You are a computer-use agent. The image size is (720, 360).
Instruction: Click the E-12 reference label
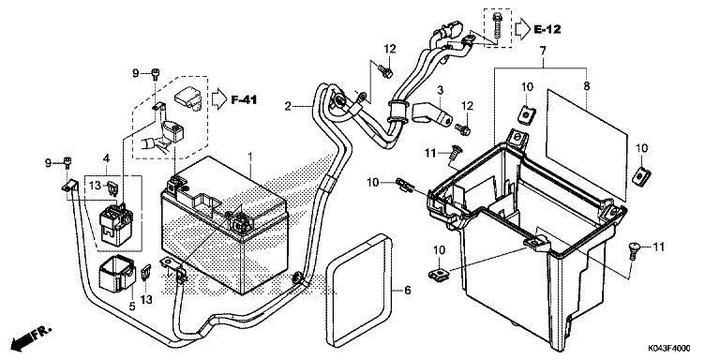547,29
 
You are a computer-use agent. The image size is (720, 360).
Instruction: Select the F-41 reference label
244,98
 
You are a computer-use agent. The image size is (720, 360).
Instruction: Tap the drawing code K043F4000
669,349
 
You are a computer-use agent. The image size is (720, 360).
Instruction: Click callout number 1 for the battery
250,157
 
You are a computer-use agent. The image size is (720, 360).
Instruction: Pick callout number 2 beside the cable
288,107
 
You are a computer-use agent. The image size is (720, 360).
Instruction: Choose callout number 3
440,90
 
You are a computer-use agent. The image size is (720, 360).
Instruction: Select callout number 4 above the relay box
107,158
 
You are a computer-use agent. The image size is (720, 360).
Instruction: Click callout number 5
132,307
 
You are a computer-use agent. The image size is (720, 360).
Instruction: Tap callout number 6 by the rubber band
408,291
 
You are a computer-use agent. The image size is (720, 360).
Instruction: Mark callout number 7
542,51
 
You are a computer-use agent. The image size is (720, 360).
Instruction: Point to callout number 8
587,86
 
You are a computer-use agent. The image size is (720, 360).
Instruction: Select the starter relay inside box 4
116,224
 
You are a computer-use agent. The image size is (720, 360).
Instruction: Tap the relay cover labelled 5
116,274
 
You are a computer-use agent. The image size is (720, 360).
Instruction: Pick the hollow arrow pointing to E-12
522,29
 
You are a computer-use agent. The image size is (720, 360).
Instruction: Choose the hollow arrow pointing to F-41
219,98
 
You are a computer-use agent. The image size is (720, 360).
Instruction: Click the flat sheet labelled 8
586,144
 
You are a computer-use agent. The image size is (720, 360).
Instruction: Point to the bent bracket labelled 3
431,115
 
